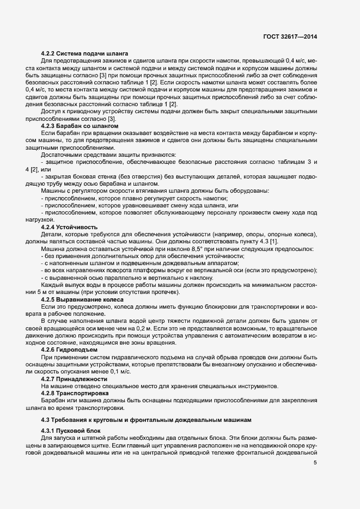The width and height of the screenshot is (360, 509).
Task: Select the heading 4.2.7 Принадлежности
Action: coord(74,378)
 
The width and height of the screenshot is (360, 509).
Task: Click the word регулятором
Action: coord(88,190)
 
